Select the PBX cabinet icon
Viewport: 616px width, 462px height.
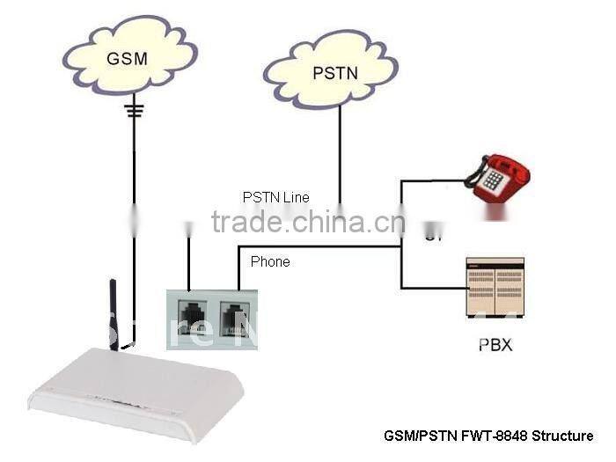[x=494, y=287]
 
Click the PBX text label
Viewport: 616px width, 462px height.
[x=495, y=344]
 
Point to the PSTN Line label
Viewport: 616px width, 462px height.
[x=275, y=197]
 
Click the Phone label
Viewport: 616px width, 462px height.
[x=270, y=261]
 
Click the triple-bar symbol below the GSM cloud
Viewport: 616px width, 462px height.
[x=134, y=110]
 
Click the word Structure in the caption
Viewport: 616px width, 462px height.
[x=560, y=436]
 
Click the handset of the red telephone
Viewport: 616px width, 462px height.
[x=499, y=165]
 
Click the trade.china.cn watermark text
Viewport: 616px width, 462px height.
[x=308, y=222]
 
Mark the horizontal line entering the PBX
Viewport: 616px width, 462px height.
[x=432, y=287]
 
